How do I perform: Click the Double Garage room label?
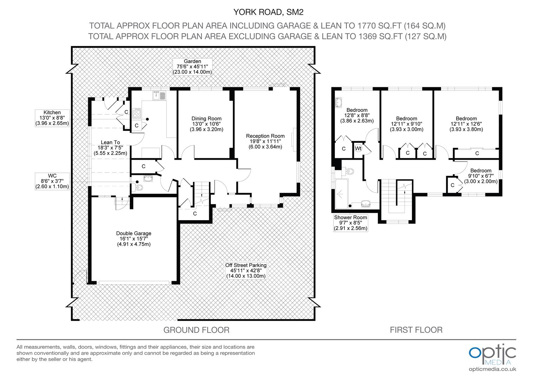point(134,239)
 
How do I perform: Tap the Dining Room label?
point(206,124)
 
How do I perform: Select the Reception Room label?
point(265,141)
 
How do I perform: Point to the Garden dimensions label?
point(192,67)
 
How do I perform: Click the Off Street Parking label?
point(246,271)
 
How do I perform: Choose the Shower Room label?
point(350,223)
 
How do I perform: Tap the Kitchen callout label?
point(52,118)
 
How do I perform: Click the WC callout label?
point(52,181)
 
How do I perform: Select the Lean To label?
point(110,148)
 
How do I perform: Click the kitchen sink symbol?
point(159,96)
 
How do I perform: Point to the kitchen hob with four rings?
point(137,113)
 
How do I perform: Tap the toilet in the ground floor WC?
point(137,187)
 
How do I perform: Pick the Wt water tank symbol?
point(358,148)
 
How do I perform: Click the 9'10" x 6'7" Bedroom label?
point(481,176)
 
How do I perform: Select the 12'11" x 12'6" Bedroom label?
point(466,124)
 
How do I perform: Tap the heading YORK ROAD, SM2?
point(268,12)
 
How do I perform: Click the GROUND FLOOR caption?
point(196,330)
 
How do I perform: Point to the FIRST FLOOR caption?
point(416,330)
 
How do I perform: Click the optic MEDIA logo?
point(492,358)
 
